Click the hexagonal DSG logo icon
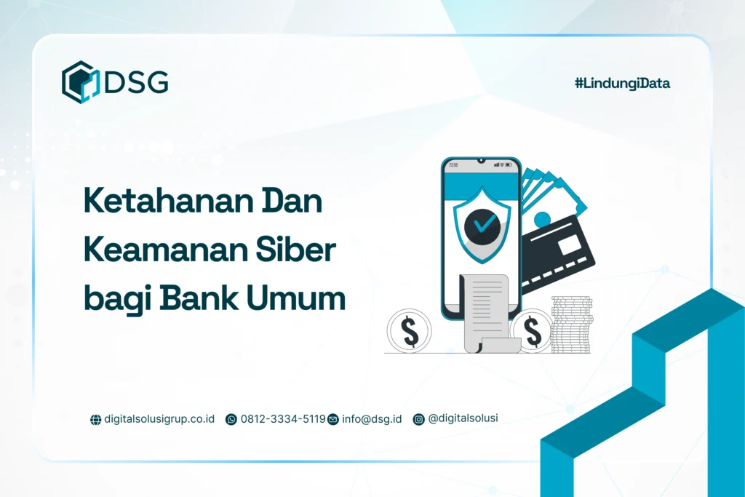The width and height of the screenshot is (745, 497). click(x=79, y=81)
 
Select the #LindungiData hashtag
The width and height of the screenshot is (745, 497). click(x=622, y=84)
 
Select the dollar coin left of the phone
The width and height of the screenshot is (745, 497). click(x=410, y=332)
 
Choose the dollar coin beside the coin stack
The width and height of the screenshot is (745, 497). click(x=533, y=332)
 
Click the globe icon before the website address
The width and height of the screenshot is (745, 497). click(x=95, y=420)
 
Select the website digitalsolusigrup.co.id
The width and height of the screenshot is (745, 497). click(x=159, y=419)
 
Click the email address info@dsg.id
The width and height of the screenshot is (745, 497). click(x=371, y=419)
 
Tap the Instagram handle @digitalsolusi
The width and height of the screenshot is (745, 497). click(x=463, y=418)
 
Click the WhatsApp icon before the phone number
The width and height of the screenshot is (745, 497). click(x=231, y=419)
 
